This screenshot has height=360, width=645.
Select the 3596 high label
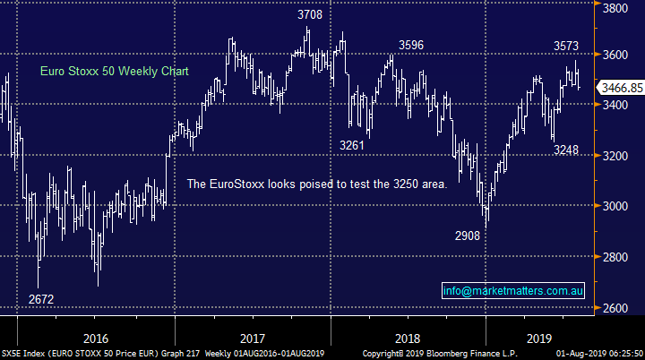click(x=411, y=45)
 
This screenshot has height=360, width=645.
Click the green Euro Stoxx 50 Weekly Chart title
click(x=115, y=72)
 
